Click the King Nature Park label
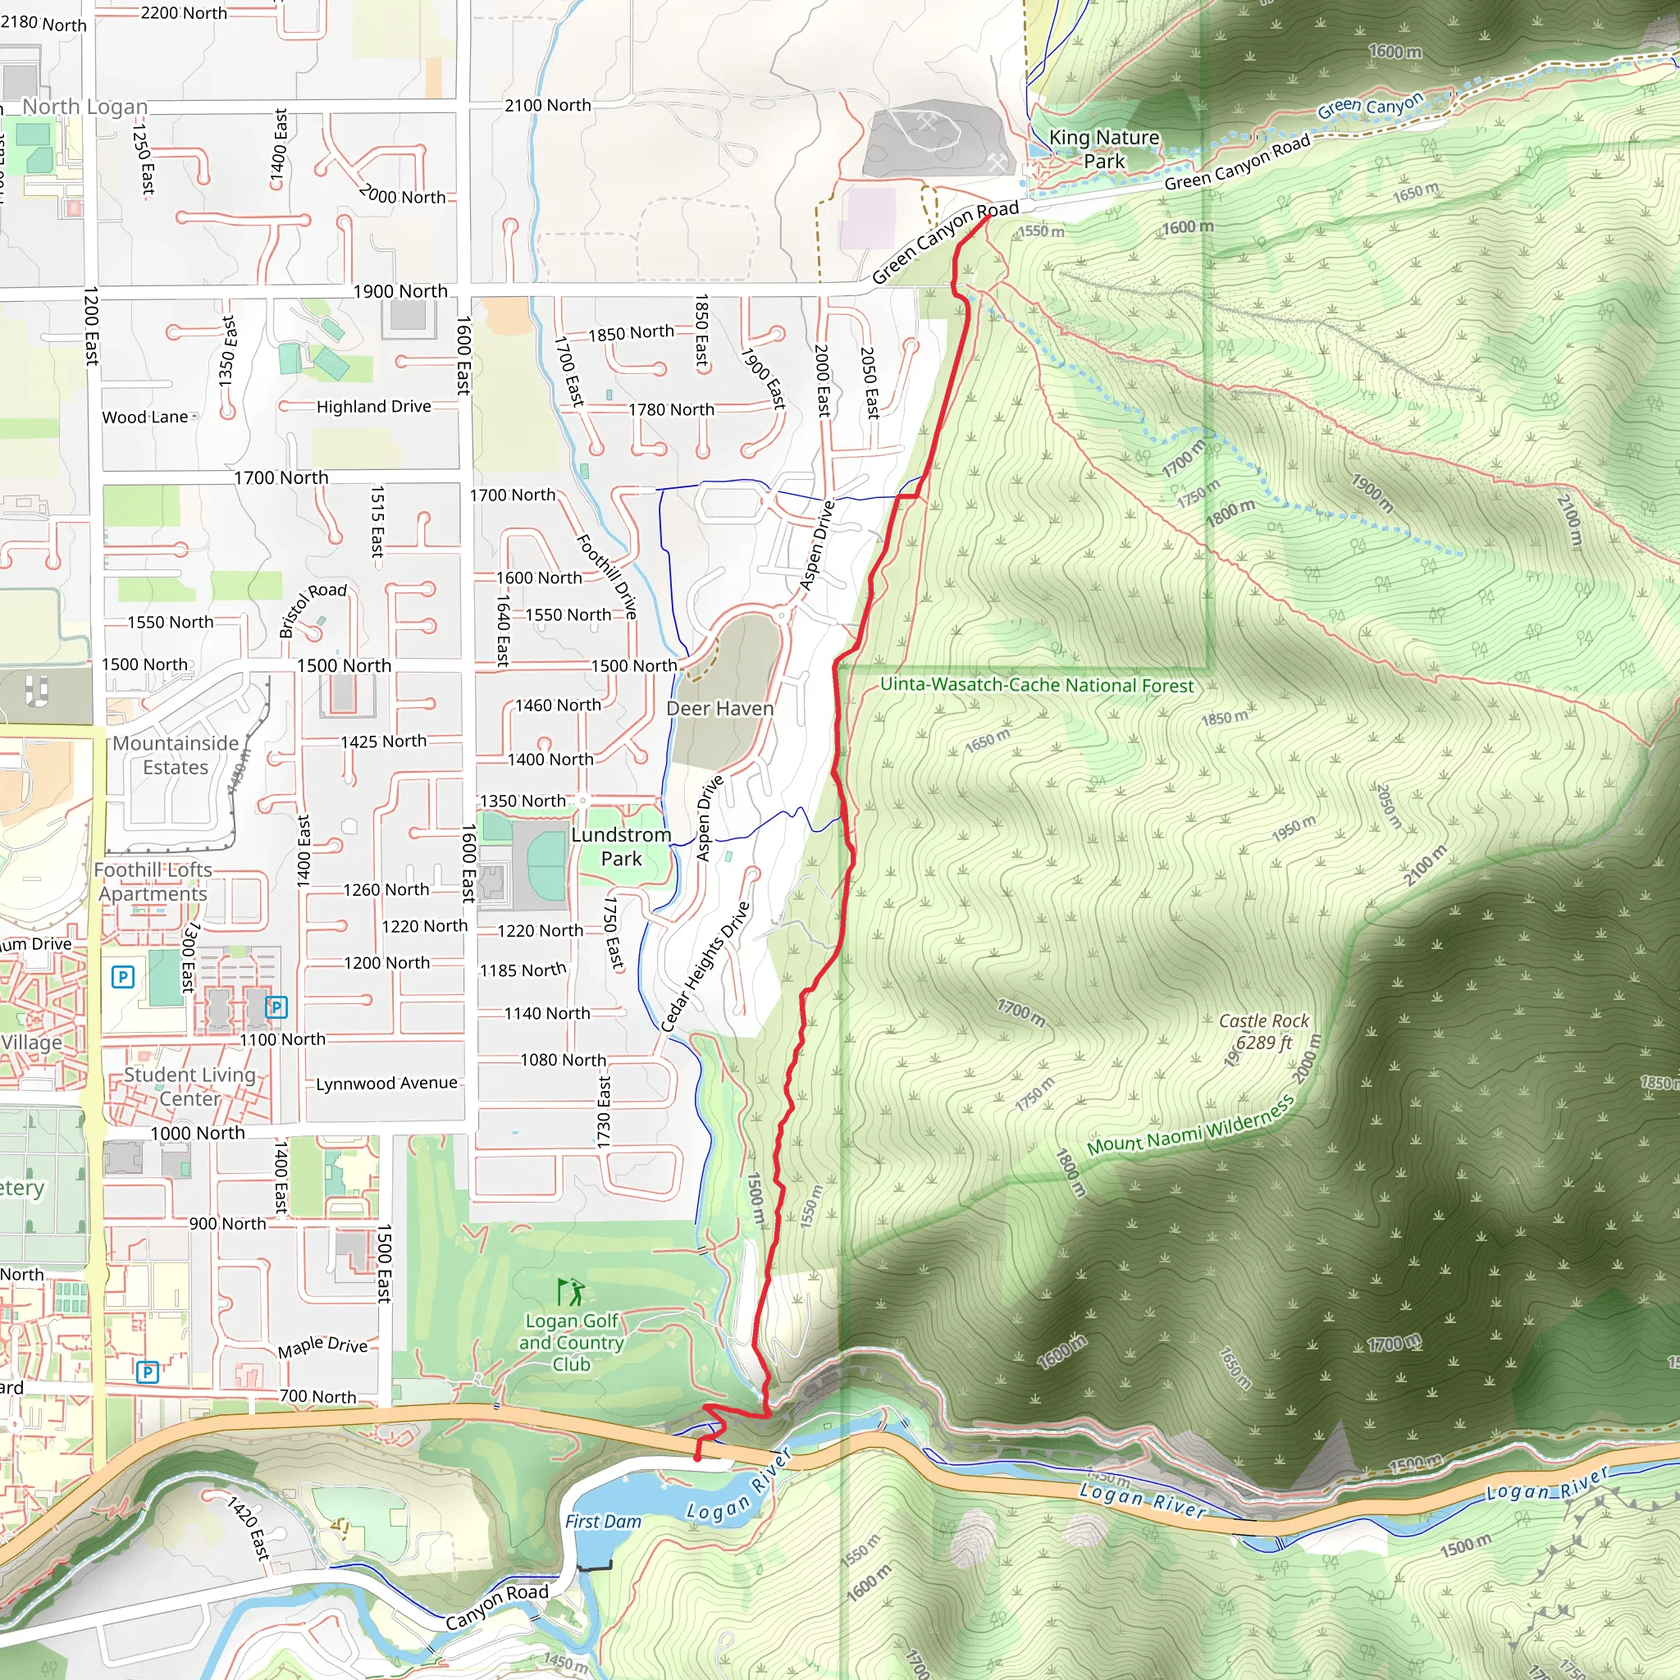(x=1103, y=148)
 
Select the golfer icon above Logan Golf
(x=571, y=1292)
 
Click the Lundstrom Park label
(x=621, y=846)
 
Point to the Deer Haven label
(x=719, y=709)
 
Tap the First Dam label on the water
(x=603, y=1521)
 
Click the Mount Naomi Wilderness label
(x=1190, y=1126)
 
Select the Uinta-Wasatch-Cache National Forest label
(x=1037, y=685)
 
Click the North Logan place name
(x=84, y=107)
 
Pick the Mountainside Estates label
(x=176, y=755)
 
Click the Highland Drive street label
(x=373, y=406)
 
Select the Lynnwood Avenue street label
(x=386, y=1083)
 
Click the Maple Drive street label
(x=322, y=1346)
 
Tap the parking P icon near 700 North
(x=148, y=1372)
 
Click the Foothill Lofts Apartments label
(x=153, y=882)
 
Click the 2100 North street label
(x=547, y=105)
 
